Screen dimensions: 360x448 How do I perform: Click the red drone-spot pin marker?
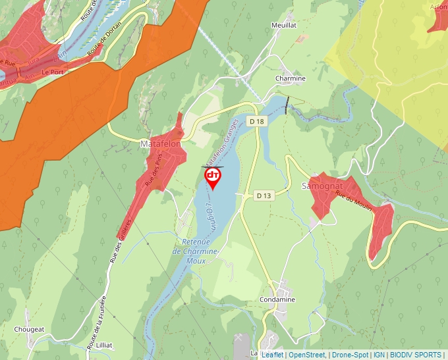(x=213, y=176)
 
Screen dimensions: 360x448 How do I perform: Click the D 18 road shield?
(x=256, y=122)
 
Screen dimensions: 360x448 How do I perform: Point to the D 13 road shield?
(x=264, y=195)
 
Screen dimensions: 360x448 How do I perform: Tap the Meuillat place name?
(x=285, y=26)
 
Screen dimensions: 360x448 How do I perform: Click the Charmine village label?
(x=290, y=78)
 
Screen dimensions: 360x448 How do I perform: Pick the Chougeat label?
(x=30, y=329)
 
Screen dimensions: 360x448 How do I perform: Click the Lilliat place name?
(x=103, y=345)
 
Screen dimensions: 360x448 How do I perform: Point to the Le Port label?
(x=52, y=72)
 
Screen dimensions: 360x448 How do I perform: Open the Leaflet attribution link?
(x=273, y=355)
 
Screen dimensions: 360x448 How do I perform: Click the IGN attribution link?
(x=379, y=355)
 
